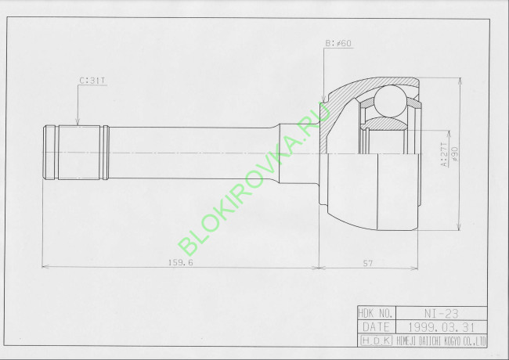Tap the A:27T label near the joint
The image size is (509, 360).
(443, 153)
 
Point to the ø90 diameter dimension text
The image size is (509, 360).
(453, 153)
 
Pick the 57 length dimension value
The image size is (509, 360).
(367, 262)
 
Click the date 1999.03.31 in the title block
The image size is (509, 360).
(442, 327)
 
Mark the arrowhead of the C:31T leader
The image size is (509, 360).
(77, 123)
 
